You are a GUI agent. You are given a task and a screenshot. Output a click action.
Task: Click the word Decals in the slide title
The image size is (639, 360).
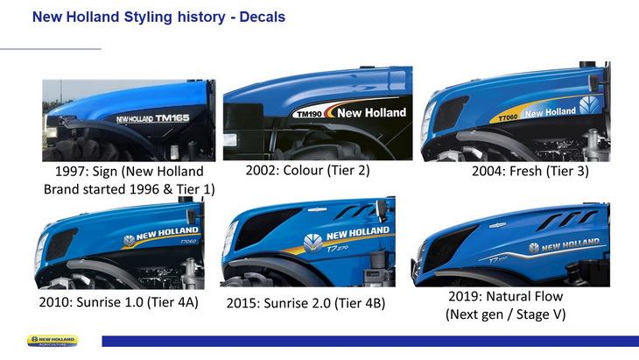coord(262,18)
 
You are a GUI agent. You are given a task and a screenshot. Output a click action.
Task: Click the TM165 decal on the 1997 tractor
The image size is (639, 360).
coord(172,118)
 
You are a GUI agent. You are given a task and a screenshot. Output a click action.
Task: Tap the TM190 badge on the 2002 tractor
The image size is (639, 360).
coord(309,114)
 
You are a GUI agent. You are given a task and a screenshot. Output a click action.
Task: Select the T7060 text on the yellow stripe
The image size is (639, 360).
coord(508,117)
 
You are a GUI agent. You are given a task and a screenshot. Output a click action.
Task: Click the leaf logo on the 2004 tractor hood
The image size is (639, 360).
coord(589,105)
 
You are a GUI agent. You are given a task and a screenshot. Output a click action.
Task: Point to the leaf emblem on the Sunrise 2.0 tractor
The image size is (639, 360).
coord(313,243)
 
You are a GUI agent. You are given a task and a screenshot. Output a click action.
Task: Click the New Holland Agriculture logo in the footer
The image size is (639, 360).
coord(53,341)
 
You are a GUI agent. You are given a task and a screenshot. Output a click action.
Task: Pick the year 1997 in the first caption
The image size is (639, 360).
coord(70,171)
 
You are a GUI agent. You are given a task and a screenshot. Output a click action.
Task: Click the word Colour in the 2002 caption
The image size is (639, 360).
coord(303,170)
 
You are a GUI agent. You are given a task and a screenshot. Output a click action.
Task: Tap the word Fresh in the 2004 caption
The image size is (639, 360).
coord(526,171)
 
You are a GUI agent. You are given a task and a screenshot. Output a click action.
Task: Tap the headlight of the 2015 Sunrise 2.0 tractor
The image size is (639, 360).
coord(228,237)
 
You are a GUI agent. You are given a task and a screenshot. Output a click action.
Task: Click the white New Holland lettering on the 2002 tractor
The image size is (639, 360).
coord(372,112)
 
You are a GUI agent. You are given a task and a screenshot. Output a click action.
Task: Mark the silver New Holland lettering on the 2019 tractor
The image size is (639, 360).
coord(570,244)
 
